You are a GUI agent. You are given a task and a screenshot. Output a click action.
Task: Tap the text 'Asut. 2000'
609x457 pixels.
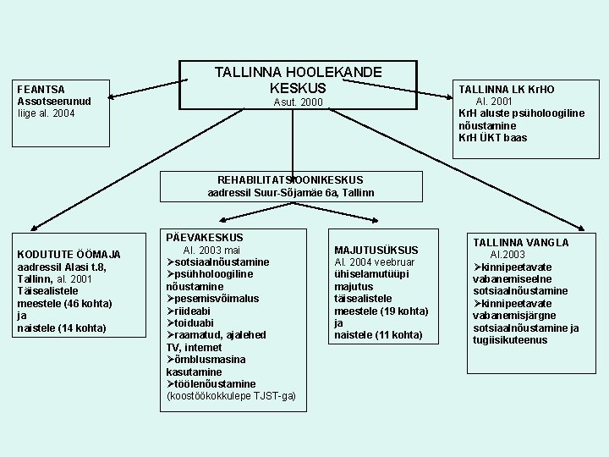click(x=298, y=103)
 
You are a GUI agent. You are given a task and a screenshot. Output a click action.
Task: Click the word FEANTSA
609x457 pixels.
click(x=41, y=88)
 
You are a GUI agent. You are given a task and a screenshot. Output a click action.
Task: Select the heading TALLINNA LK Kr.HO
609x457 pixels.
click(x=507, y=89)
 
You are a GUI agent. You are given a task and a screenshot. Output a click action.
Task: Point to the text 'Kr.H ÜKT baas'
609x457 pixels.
click(x=492, y=137)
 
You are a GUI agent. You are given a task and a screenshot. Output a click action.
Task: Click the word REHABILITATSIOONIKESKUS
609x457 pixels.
click(x=290, y=180)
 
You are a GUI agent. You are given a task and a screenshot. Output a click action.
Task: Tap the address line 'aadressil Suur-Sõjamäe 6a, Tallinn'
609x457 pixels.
click(x=290, y=193)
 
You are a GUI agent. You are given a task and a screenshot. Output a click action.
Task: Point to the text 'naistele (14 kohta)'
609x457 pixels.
click(x=62, y=328)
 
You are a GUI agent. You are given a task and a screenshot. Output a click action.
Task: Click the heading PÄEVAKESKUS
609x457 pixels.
click(x=205, y=238)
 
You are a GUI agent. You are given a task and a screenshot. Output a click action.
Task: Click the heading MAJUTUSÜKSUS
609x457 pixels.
click(x=376, y=251)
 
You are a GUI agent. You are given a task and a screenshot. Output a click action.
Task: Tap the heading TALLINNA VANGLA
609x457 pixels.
click(x=521, y=242)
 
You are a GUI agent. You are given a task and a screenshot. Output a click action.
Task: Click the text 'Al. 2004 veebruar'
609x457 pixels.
click(x=378, y=262)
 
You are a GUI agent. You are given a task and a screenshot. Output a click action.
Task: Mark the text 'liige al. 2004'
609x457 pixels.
click(x=52, y=113)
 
